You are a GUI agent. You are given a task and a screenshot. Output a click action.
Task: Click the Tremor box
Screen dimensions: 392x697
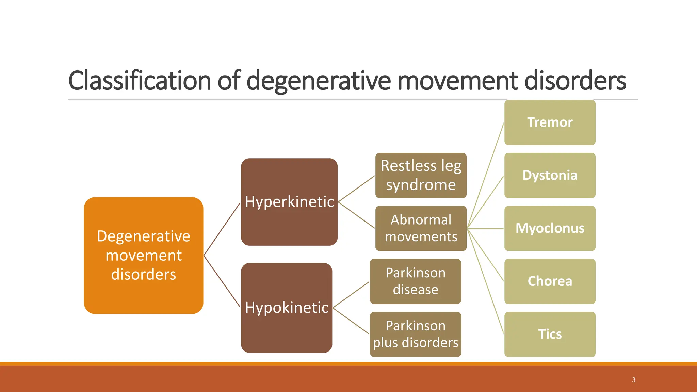click(x=550, y=122)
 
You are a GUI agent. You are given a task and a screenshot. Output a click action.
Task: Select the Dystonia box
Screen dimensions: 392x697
click(x=550, y=176)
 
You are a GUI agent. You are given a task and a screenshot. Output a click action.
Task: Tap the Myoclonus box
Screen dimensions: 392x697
click(x=550, y=228)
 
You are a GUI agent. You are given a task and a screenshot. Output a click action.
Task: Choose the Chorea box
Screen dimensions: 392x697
click(x=550, y=281)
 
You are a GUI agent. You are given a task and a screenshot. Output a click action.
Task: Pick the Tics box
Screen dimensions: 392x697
click(x=550, y=334)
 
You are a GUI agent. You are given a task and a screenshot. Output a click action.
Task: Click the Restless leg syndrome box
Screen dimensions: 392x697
click(x=421, y=176)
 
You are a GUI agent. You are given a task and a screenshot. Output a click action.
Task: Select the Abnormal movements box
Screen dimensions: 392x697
click(x=421, y=228)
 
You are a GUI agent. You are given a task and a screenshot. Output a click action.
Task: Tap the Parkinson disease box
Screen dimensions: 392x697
click(x=415, y=281)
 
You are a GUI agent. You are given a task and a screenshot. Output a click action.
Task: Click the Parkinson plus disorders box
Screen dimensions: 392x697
click(x=415, y=334)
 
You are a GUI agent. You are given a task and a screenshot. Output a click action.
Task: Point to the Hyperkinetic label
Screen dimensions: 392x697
click(x=289, y=202)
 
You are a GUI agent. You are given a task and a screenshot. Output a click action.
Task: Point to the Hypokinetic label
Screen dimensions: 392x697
click(x=287, y=308)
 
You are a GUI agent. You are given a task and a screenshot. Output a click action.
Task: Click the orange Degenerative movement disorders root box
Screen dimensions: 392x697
click(x=143, y=256)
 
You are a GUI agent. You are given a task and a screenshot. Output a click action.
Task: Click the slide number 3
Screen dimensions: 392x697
click(x=634, y=380)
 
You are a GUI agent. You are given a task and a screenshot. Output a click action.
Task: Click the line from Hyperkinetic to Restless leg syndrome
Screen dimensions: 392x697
click(x=356, y=189)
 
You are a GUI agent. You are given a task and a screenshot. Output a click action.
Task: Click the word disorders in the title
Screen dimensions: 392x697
click(x=575, y=81)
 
